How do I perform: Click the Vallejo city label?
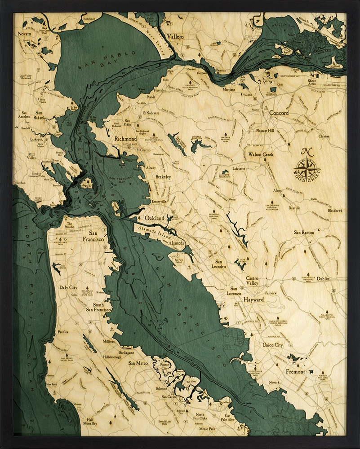pyautogui.click(x=175, y=36)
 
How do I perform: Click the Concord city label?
pyautogui.click(x=279, y=113)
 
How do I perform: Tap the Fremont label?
pyautogui.click(x=295, y=372)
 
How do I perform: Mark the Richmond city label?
pyautogui.click(x=125, y=139)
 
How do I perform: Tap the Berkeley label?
pyautogui.click(x=163, y=177)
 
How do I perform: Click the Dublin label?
pyautogui.click(x=323, y=279)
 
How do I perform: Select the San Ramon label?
pyautogui.click(x=304, y=233)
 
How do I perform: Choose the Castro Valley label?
pyautogui.click(x=252, y=281)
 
